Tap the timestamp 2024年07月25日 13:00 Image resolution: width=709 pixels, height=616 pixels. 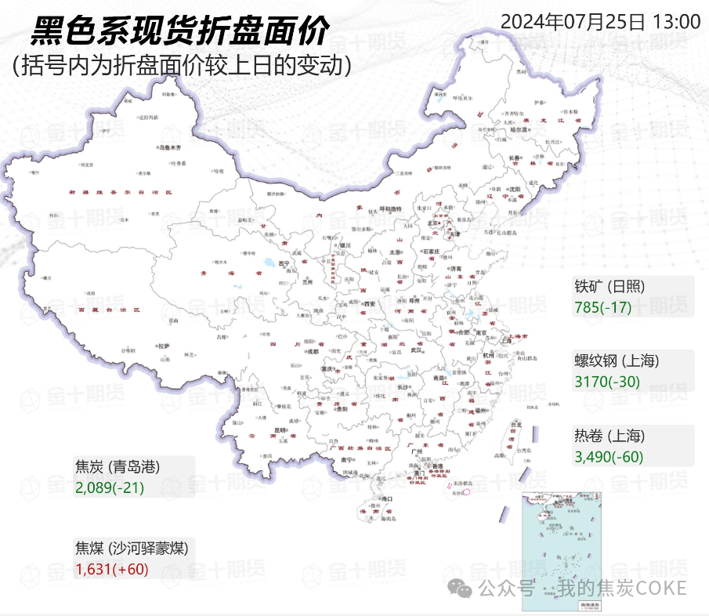click(x=600, y=21)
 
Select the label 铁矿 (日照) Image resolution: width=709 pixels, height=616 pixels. click(x=610, y=286)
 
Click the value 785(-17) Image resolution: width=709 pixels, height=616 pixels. click(x=602, y=306)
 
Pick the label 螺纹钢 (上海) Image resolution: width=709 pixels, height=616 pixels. click(x=617, y=361)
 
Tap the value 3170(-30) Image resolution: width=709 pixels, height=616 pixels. click(x=607, y=382)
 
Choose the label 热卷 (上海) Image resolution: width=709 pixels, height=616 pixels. click(x=610, y=437)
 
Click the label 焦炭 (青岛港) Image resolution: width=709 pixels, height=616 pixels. click(x=118, y=467)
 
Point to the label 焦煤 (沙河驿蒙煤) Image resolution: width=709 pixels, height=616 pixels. click(x=131, y=548)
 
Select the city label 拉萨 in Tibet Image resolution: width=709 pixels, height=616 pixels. click(x=163, y=345)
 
